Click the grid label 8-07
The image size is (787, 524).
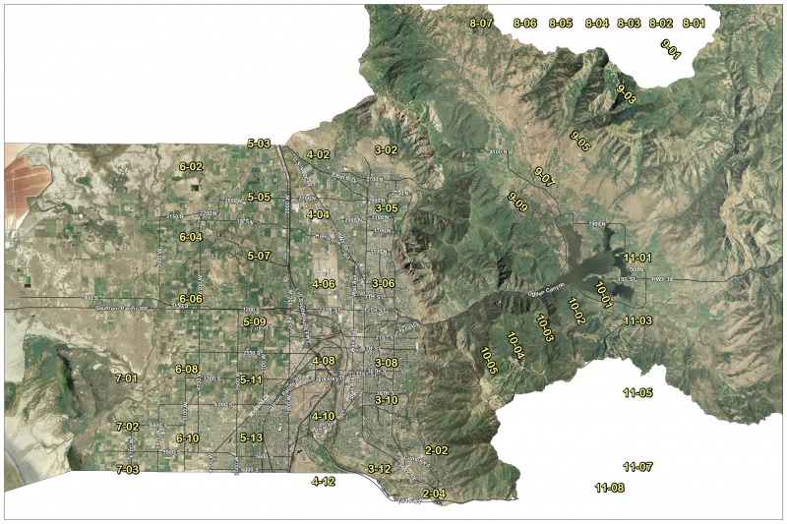[480, 22]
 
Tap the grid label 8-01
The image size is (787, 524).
[694, 23]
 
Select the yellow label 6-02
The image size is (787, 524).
[191, 167]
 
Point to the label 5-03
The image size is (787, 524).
[259, 144]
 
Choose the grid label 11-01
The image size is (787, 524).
[638, 257]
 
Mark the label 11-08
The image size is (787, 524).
[610, 488]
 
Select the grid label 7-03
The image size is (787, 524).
[127, 470]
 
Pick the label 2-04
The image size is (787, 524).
[434, 493]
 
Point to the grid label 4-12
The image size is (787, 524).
[323, 482]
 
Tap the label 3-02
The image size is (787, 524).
[386, 149]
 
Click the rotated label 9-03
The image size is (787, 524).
[626, 94]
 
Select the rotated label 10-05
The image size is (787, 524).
[489, 360]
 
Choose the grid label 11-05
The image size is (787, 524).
[637, 393]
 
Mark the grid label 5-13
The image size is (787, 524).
[251, 437]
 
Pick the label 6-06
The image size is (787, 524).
[191, 299]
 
